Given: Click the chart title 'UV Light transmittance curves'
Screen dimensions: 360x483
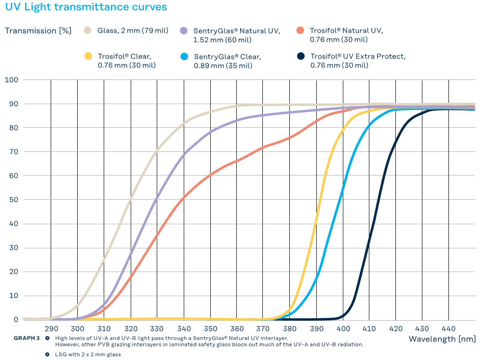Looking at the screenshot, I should (x=86, y=7).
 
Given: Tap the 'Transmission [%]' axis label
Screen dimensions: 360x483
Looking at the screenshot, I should (x=38, y=31).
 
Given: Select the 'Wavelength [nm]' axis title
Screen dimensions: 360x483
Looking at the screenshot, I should (x=441, y=339).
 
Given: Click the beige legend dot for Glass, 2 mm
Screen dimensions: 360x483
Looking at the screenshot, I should (x=88, y=31).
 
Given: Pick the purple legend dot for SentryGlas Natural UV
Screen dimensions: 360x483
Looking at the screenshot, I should (x=184, y=31).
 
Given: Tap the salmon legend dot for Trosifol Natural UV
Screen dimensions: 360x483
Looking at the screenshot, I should (x=300, y=31).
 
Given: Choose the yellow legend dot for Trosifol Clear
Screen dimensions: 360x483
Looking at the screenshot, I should (x=88, y=56).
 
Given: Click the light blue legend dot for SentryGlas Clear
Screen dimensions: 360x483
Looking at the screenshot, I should (x=184, y=56).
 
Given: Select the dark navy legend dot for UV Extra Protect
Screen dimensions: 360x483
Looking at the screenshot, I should (x=300, y=56).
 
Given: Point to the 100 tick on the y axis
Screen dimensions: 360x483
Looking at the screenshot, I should (x=11, y=80).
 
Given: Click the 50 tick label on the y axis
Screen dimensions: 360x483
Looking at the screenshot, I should (x=13, y=200).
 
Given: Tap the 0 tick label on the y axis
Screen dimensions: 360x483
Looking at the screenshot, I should (x=16, y=320).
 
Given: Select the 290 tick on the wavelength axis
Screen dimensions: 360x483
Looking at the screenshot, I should (x=51, y=329).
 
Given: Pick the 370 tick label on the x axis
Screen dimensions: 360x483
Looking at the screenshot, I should (x=263, y=329).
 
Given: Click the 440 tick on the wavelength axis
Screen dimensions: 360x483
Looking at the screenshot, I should (x=448, y=329).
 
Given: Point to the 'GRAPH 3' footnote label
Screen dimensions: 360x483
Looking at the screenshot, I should (x=27, y=338).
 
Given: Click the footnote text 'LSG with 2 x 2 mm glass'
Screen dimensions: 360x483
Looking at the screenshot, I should (x=88, y=354).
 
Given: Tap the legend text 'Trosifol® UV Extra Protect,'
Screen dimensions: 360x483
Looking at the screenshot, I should (x=358, y=56).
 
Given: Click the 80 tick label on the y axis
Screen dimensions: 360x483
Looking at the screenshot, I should (x=13, y=128).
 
